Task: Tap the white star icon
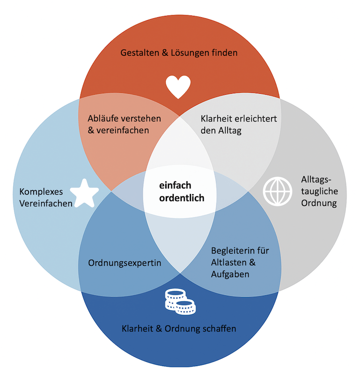(x=85, y=193)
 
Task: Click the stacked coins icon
(x=180, y=301)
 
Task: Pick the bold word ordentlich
(x=182, y=198)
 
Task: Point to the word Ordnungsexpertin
(x=125, y=263)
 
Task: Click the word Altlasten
(x=230, y=262)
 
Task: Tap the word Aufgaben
(x=229, y=274)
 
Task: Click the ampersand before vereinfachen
(x=91, y=130)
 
